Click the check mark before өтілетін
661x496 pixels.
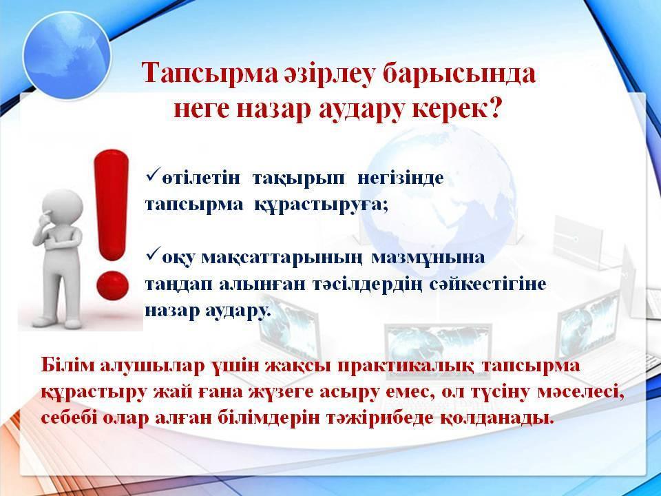[x=153, y=174]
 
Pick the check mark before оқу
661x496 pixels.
[x=153, y=254]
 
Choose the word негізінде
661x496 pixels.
[x=401, y=178]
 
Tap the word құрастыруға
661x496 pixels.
[x=321, y=205]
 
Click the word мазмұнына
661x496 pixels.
[x=428, y=258]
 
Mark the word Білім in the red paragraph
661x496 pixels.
[x=68, y=365]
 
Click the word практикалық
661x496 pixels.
[x=405, y=366]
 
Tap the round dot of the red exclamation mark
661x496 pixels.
[x=112, y=285]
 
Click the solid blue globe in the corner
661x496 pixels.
[x=67, y=55]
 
